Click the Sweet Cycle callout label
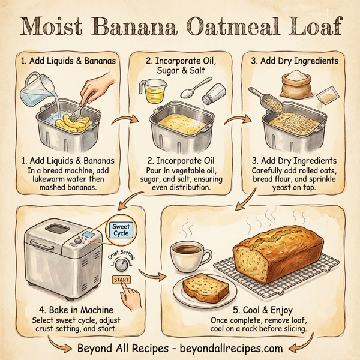tap(121, 229)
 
